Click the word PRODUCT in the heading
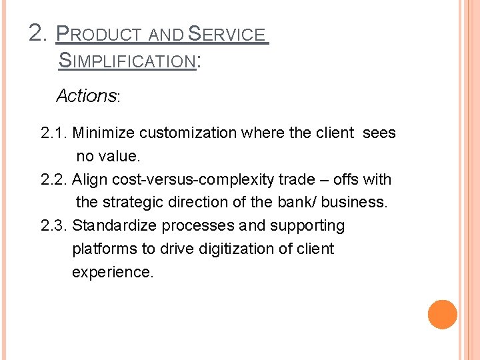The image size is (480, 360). (x=99, y=34)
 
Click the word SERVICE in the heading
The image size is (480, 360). (x=227, y=34)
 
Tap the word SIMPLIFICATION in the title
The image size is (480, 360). (x=127, y=61)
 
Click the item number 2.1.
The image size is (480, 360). (x=54, y=133)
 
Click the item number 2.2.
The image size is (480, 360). (x=54, y=179)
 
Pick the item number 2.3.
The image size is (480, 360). (x=54, y=226)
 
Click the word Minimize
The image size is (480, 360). (x=103, y=133)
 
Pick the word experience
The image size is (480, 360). (x=112, y=273)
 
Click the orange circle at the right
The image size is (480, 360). (x=443, y=315)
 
